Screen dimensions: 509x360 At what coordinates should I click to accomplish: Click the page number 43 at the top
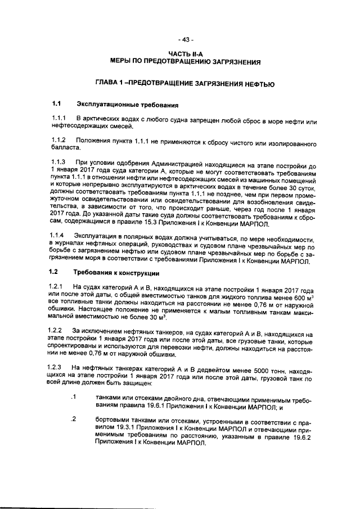(185, 40)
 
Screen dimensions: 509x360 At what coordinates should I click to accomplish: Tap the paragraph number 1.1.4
(58, 233)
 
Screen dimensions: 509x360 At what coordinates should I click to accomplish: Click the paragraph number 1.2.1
(58, 287)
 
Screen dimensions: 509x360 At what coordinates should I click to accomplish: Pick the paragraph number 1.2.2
(58, 330)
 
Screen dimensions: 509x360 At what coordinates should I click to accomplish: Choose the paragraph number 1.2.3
(58, 366)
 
